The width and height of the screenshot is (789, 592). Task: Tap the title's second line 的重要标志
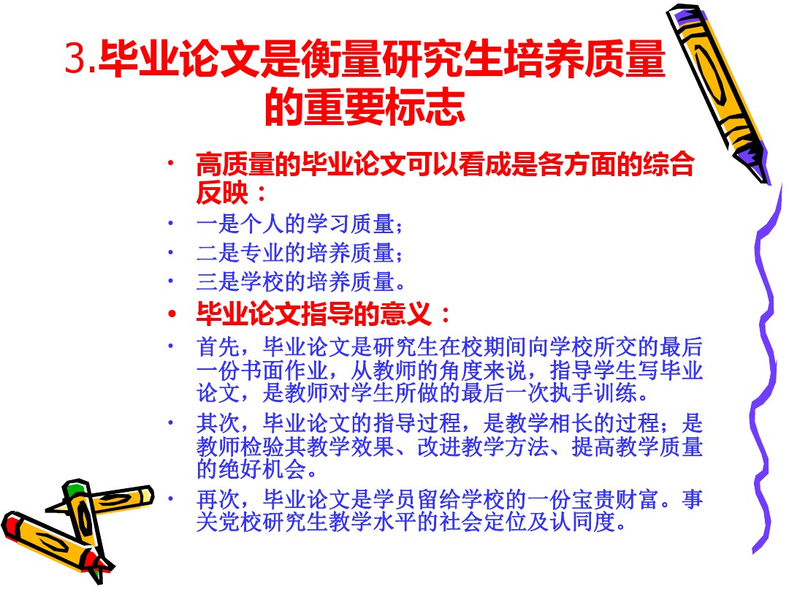click(x=365, y=107)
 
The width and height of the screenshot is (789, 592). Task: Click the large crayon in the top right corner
click(x=718, y=93)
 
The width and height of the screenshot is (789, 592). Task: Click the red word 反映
click(x=222, y=192)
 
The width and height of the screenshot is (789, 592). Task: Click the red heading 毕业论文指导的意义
click(x=314, y=314)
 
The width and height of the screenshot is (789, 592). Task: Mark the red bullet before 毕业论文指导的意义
click(x=172, y=314)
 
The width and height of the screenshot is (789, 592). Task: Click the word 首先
click(x=218, y=347)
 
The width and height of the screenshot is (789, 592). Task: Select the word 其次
click(x=218, y=423)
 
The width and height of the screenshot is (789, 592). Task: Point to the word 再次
click(x=218, y=499)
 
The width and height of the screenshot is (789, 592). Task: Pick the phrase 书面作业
click(x=284, y=371)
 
